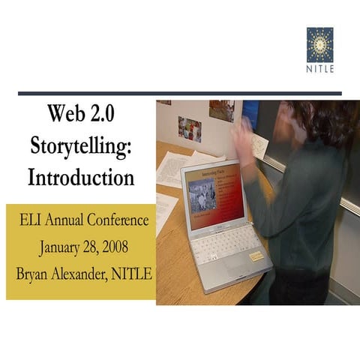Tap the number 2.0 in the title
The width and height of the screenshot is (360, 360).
[104, 115]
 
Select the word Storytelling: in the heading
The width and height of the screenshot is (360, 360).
[81, 147]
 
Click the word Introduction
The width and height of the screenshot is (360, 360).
[81, 178]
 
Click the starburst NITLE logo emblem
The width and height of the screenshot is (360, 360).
[320, 44]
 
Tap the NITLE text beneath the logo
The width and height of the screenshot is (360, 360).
[320, 69]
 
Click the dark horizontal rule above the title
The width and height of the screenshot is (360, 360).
[180, 94]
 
